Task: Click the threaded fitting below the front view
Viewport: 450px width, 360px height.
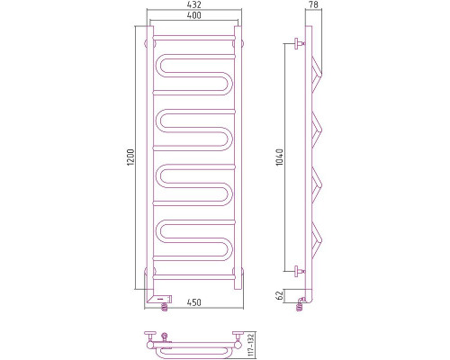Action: coord(165,305)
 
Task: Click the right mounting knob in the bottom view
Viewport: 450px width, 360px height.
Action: coord(236,337)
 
